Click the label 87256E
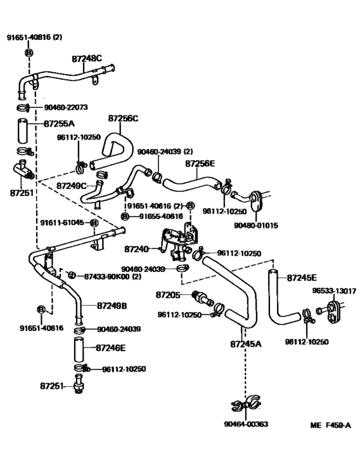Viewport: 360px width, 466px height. tap(201, 164)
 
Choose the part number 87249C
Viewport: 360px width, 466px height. tap(71, 185)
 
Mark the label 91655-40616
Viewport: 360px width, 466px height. tap(161, 216)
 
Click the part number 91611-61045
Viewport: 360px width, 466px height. tap(63, 222)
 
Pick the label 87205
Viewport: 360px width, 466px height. tap(168, 294)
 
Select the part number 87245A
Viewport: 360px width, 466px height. tap(246, 344)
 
